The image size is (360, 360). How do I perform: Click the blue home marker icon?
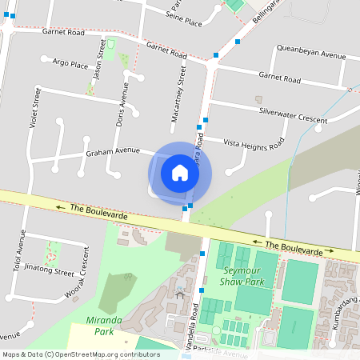point(180,172)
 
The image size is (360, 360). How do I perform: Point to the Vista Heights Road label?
point(254,143)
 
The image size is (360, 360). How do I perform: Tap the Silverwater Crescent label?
point(293,115)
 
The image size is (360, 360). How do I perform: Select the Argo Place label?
point(70,63)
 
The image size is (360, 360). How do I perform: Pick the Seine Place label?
point(184,18)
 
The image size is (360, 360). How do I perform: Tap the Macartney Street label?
point(181,101)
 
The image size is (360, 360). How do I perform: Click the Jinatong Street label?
point(49,270)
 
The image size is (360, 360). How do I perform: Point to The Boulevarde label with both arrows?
point(294,247)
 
